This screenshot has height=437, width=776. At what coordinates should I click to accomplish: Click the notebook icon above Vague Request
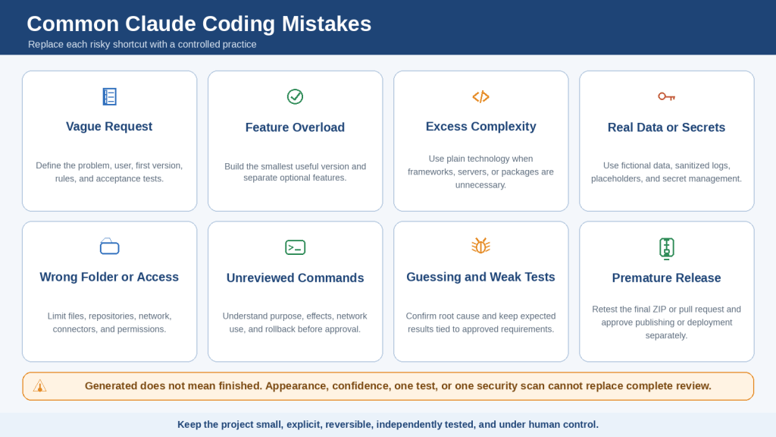[109, 96]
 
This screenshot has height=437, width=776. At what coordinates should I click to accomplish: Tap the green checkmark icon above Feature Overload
[295, 96]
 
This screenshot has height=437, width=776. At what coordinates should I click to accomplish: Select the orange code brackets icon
[480, 96]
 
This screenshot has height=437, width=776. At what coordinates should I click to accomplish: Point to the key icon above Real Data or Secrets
[667, 96]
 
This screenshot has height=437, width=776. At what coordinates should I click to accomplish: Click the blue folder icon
[109, 247]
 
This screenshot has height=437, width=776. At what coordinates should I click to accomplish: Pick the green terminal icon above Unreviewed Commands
[295, 247]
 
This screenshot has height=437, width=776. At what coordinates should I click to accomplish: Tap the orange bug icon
[480, 245]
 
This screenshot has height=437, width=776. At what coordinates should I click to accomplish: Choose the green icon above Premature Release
[667, 248]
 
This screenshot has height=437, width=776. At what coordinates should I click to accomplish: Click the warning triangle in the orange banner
[39, 386]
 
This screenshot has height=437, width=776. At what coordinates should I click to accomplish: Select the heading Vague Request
[109, 127]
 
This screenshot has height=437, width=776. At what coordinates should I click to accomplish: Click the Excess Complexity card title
[480, 127]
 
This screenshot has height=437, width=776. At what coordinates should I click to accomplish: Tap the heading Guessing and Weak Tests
[480, 277]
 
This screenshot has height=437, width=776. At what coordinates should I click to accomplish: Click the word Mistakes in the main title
[327, 24]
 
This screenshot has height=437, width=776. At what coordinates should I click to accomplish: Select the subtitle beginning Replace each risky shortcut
[142, 45]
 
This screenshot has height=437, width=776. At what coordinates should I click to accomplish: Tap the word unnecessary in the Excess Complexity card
[480, 185]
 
